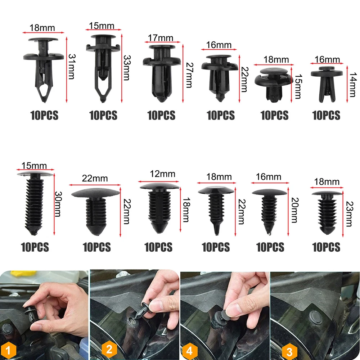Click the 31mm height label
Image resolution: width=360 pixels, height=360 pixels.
[72, 67]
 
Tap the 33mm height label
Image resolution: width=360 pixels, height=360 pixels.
[127, 68]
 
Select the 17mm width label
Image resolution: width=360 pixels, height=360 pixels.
[161, 38]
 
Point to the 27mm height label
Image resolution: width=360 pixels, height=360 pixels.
[189, 75]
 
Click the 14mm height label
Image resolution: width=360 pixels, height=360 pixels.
[353, 85]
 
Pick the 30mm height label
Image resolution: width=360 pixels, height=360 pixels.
[58, 204]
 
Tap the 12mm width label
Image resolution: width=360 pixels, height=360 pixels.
[163, 174]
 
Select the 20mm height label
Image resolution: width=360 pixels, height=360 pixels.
[295, 210]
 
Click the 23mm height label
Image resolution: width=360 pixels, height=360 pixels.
[349, 214]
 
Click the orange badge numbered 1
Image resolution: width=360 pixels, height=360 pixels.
[8, 350]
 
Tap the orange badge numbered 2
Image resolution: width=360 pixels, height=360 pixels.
[109, 350]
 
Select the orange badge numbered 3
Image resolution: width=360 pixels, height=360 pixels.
[289, 351]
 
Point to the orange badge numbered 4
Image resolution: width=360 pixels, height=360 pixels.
[189, 351]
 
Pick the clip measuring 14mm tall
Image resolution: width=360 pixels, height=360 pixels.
[327, 84]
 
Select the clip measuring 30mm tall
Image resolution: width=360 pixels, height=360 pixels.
[35, 203]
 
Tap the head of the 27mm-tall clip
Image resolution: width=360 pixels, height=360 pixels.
[162, 47]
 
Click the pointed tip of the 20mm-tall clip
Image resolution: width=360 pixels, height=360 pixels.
[269, 234]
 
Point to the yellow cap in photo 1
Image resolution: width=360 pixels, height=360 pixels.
[23, 274]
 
